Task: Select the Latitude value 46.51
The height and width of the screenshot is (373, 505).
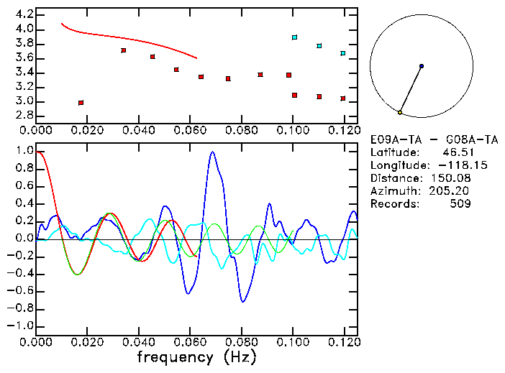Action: coord(458,152)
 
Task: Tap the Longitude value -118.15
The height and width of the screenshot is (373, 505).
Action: coord(448,165)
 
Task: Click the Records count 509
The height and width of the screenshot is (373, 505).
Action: coord(460,204)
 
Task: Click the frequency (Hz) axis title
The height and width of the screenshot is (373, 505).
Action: coord(196,356)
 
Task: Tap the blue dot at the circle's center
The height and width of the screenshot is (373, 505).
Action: coord(422,66)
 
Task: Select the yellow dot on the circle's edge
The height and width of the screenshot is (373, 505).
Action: coord(400,112)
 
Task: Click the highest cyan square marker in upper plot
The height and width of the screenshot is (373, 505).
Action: coord(294,37)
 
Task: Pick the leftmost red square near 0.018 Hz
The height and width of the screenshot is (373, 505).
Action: coord(81,103)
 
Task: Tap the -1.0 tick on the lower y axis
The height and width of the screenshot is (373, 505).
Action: coord(22,326)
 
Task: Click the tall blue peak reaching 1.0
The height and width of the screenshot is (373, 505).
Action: coord(212,152)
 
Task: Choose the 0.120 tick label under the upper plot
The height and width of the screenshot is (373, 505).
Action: coord(344,130)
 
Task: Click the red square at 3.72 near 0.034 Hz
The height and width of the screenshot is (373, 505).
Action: coord(124,50)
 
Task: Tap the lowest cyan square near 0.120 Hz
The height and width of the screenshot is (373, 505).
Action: coord(343,53)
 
